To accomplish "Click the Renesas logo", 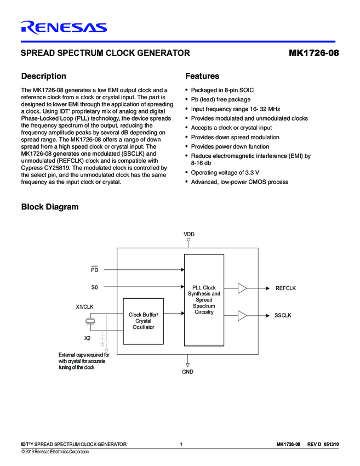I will tap(64, 27).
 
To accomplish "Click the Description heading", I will tap(43, 76).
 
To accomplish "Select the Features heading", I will tap(202, 76).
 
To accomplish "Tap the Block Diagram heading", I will tap(49, 207).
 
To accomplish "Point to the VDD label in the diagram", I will tap(188, 234).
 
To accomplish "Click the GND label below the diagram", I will tap(188, 371).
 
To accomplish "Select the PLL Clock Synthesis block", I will tap(204, 299).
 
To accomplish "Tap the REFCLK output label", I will tap(285, 288).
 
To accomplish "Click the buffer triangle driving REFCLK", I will tap(242, 288).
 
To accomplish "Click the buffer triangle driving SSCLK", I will tap(242, 315).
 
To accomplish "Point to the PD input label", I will tap(94, 270).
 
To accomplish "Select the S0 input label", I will tap(94, 287).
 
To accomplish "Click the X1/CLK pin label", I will tap(85, 307).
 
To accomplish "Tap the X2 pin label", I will tap(88, 338).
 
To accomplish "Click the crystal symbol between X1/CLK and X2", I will tap(93, 322).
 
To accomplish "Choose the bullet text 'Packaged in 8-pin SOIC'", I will tap(222, 90).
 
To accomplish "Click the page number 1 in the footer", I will tap(181, 444).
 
